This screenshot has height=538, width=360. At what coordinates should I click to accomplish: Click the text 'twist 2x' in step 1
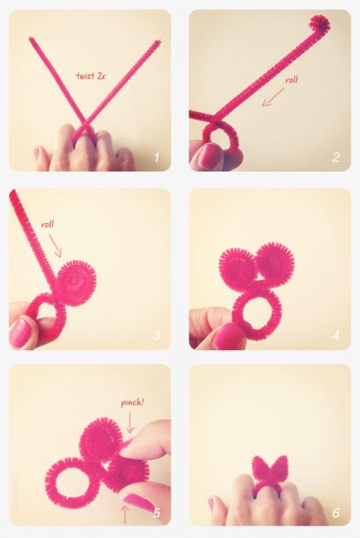90,76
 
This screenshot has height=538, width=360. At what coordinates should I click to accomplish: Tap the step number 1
157,158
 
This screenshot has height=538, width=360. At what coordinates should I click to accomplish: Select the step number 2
336,158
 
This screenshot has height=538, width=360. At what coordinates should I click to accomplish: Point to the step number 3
157,334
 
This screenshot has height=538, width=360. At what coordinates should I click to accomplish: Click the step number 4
336,334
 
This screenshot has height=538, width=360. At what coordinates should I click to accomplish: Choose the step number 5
157,512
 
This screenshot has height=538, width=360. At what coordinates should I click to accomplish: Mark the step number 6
336,512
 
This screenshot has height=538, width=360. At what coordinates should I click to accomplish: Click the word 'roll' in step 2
291,80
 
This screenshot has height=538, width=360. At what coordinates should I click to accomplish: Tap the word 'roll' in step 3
48,225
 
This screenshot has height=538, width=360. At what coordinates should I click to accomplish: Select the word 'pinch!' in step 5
132,402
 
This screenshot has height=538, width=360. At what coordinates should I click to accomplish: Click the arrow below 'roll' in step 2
273,97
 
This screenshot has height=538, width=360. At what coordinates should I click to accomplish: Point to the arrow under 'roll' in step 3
55,246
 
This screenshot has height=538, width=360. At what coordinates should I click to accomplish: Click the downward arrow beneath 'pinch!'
130,423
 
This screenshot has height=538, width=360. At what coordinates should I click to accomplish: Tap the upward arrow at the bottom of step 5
125,514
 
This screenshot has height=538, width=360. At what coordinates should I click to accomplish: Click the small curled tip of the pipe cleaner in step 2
319,24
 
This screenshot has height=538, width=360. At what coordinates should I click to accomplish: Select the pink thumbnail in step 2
210,156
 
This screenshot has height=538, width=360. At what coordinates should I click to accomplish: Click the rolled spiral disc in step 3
76,283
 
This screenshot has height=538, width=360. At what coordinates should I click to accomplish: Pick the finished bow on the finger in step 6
270,469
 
